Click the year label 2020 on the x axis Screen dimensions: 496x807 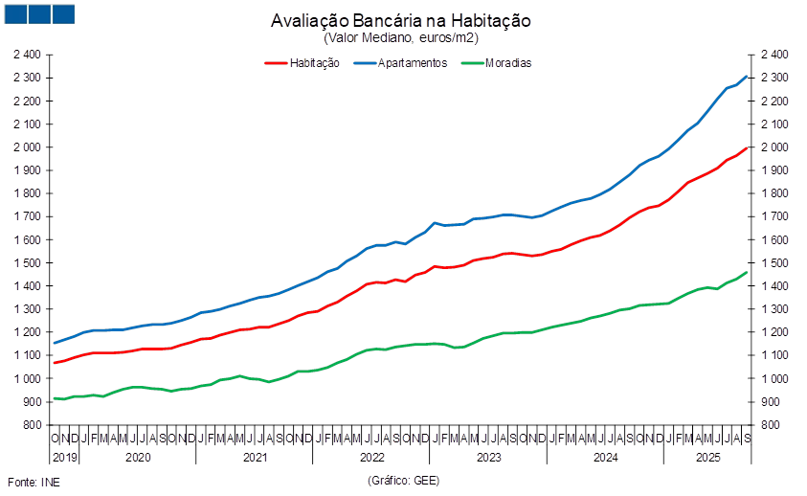[139, 458]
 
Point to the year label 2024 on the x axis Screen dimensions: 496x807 [604, 458]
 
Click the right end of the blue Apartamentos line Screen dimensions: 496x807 [748, 76]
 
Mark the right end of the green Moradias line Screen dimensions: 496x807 [748, 272]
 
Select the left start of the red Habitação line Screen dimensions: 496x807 [54, 363]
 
